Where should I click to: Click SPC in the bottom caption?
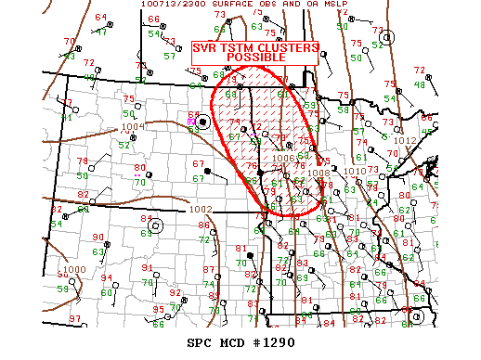coord(200,342)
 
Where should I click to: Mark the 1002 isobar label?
coord(200,210)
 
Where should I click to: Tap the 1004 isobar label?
coord(133,126)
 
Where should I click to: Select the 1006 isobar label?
coord(284,158)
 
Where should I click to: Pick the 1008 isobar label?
coord(318,173)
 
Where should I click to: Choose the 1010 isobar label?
coord(354,172)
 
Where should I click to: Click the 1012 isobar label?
coord(406,141)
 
